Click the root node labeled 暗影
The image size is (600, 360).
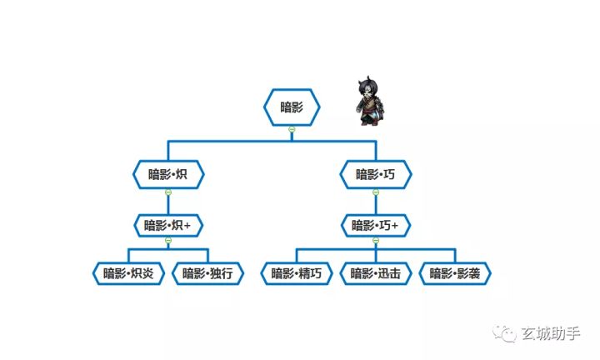coord(292,107)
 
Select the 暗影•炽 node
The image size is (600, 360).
coord(168,174)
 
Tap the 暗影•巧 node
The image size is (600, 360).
coord(376,174)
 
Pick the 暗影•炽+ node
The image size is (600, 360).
coord(168,225)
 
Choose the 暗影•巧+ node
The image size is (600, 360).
coord(376,225)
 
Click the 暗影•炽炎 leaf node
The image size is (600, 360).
coord(128,273)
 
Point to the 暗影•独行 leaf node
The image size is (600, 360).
coord(207,273)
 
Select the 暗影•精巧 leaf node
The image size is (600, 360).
coord(297,273)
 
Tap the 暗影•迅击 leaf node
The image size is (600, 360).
coord(376,273)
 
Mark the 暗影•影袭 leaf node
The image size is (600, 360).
coord(455,273)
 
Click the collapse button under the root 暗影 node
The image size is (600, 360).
coord(292,129)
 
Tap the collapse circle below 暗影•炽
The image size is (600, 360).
coord(168,192)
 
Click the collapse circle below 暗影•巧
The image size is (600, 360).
coord(376,192)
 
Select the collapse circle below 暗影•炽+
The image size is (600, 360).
coord(168,240)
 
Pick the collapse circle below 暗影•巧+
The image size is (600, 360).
coord(376,240)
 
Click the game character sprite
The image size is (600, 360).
coord(370,101)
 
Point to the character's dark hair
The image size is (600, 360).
coord(369,85)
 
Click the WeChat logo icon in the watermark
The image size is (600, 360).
coord(504,333)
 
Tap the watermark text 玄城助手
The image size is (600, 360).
coord(550,333)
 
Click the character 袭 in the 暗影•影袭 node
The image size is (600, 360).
coord(473,273)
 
